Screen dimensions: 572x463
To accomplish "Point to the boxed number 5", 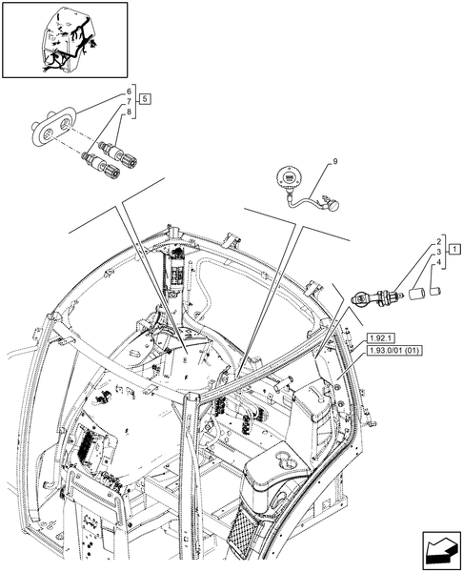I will click(x=144, y=99).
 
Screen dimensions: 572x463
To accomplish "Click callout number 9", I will click(x=334, y=164).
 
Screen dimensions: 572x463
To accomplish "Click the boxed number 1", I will click(x=454, y=251).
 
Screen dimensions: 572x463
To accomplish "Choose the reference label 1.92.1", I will click(x=378, y=337).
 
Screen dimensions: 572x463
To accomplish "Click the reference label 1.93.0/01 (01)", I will click(x=393, y=351).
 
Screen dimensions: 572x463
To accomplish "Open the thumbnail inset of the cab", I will click(x=65, y=40).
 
